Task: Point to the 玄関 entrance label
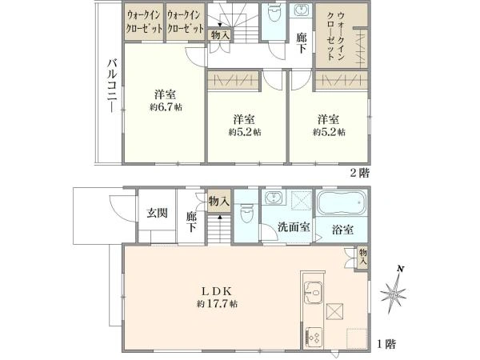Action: (x=157, y=213)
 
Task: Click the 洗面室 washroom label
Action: (x=294, y=227)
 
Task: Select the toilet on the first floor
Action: (x=247, y=212)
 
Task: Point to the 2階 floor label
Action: (x=359, y=172)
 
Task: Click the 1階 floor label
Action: (x=386, y=344)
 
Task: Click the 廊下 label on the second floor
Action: (x=301, y=42)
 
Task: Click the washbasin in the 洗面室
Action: (x=273, y=198)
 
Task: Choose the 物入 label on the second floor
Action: (x=220, y=35)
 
